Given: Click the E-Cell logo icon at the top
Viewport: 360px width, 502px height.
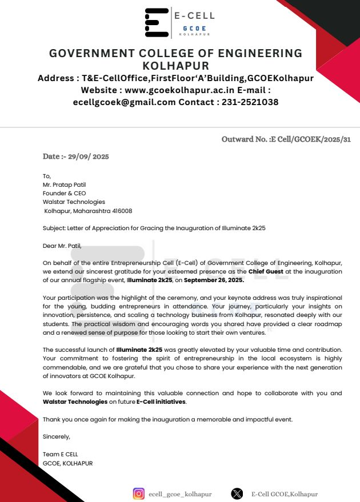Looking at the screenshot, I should pos(156,23).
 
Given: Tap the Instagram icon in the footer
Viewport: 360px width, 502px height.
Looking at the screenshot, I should pos(138,494).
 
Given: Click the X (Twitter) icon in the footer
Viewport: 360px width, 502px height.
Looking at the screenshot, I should pos(237,494).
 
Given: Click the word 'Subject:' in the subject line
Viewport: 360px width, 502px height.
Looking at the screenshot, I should pos(54,228).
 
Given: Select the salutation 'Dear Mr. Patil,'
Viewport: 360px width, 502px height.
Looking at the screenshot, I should pos(62,246).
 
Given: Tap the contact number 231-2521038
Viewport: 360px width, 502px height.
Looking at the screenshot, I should pos(250,102).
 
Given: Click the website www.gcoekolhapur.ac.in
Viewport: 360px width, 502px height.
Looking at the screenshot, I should pos(177,90).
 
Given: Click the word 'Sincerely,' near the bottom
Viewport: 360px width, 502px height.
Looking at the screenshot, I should pos(57,437).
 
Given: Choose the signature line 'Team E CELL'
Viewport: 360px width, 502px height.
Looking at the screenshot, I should pos(61,454).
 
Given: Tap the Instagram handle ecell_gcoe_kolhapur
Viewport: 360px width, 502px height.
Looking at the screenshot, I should pos(180,494).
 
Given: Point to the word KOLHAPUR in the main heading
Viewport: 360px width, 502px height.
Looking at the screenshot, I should pos(175,66).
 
